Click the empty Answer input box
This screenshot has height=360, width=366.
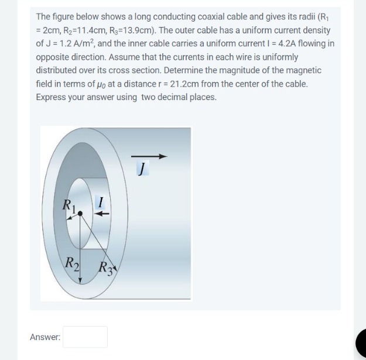[x=85, y=337]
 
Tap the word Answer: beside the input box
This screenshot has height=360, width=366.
[x=45, y=337]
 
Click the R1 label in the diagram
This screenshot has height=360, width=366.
[x=71, y=205]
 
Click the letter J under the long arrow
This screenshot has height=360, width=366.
[x=141, y=169]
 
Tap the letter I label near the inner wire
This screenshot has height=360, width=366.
[x=101, y=203]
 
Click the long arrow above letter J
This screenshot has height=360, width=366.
[x=149, y=156]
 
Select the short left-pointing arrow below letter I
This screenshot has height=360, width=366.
[x=102, y=214]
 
